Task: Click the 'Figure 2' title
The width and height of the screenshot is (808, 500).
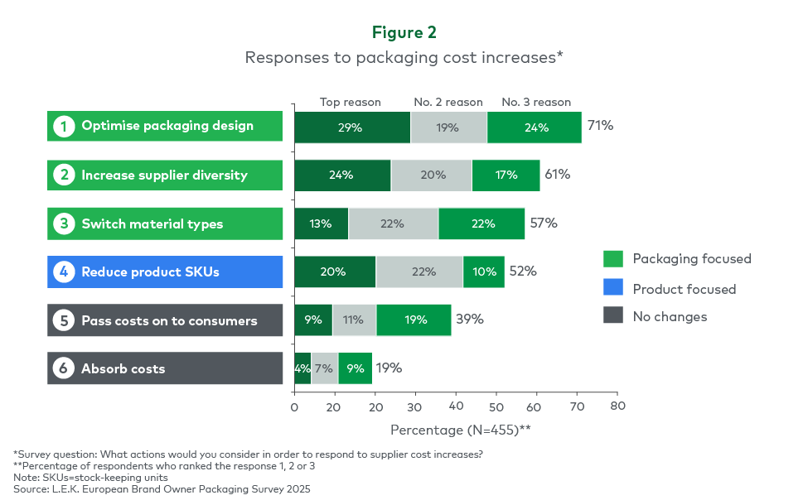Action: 404,32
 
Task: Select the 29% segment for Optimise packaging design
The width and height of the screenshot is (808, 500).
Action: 352,127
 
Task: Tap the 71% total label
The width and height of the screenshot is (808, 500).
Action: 600,126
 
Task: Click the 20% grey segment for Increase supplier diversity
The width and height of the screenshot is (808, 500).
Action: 431,175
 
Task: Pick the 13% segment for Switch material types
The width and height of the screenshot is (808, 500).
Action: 322,224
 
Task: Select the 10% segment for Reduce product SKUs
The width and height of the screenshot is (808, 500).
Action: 484,272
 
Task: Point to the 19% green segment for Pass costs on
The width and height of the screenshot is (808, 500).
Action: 414,320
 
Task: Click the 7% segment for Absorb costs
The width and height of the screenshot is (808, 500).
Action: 325,368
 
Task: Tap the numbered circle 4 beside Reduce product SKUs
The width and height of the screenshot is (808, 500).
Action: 64,272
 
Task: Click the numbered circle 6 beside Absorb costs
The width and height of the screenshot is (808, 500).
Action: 64,368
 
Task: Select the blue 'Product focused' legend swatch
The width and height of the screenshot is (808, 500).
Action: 613,286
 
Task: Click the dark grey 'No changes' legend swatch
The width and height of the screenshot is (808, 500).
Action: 613,315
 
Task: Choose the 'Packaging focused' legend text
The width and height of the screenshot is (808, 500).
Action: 692,259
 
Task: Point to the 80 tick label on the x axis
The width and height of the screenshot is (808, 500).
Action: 617,406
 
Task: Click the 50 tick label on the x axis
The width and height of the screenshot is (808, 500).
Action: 496,407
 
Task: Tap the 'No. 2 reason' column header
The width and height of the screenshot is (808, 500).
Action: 448,102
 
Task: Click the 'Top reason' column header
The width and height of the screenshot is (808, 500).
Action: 351,102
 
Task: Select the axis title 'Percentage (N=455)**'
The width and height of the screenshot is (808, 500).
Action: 461,430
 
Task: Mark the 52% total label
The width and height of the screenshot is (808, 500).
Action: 523,271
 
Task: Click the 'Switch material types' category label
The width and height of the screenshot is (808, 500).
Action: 152,224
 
